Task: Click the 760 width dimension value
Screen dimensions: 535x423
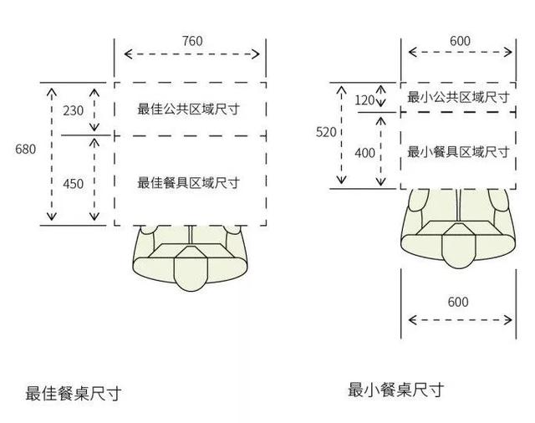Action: [192, 41]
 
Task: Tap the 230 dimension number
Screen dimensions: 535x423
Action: [73, 111]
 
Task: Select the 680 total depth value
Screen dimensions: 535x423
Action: [25, 149]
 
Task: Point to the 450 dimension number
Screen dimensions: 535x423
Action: [73, 184]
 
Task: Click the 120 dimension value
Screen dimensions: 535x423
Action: [364, 100]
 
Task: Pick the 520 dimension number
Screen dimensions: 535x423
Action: [326, 132]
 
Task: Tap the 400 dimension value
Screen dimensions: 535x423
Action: [364, 153]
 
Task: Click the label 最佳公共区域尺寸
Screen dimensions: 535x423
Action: [188, 110]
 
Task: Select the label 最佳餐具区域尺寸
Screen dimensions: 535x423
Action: [188, 183]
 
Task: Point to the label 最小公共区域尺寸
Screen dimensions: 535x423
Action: [458, 98]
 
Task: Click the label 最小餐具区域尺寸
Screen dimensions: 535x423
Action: [458, 152]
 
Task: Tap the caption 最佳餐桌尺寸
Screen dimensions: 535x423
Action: [74, 394]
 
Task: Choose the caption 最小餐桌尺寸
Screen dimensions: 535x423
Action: [395, 390]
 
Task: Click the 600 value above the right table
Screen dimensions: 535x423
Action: [460, 41]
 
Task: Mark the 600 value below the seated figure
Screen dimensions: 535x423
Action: [458, 303]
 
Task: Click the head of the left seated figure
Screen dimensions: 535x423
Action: [191, 268]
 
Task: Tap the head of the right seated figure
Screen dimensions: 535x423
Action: [459, 246]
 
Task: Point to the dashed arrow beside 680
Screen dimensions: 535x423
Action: [52, 154]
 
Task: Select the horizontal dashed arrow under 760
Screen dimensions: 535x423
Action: [191, 54]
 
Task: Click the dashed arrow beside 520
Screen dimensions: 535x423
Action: [341, 135]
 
